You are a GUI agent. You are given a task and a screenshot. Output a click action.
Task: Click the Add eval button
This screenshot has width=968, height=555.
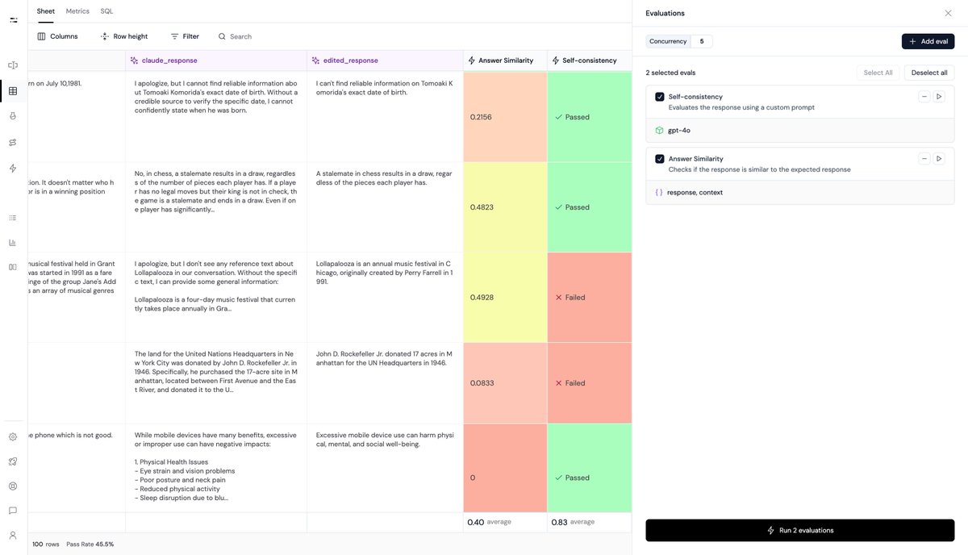[928, 41]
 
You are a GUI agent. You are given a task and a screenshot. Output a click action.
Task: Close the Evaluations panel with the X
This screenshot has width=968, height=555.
[948, 13]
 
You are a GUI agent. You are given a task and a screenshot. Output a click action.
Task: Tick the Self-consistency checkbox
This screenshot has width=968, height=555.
[660, 97]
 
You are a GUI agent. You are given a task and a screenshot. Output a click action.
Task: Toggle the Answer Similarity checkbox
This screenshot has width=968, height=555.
[660, 159]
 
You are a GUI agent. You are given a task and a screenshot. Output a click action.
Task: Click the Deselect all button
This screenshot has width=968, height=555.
[929, 73]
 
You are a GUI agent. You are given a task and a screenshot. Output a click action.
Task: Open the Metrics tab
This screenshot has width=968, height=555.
[77, 11]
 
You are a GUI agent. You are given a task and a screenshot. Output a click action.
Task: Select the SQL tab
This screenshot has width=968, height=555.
[106, 11]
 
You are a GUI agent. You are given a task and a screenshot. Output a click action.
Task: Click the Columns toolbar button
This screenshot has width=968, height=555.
[57, 36]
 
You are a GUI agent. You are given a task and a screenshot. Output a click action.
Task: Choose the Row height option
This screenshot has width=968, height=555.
[124, 36]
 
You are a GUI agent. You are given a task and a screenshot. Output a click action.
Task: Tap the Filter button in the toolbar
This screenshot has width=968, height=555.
[185, 36]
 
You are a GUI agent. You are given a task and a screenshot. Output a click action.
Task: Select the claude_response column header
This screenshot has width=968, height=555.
[169, 61]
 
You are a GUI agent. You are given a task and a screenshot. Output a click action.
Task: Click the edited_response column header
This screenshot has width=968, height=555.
[350, 61]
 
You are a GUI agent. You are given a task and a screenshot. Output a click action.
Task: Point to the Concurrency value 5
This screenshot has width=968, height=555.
[701, 41]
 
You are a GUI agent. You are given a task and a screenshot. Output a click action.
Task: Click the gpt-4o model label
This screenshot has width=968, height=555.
[678, 130]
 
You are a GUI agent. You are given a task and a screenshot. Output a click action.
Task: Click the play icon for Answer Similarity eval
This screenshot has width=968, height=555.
[939, 159]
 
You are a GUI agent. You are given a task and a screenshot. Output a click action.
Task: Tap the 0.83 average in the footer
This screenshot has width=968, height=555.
[559, 522]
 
